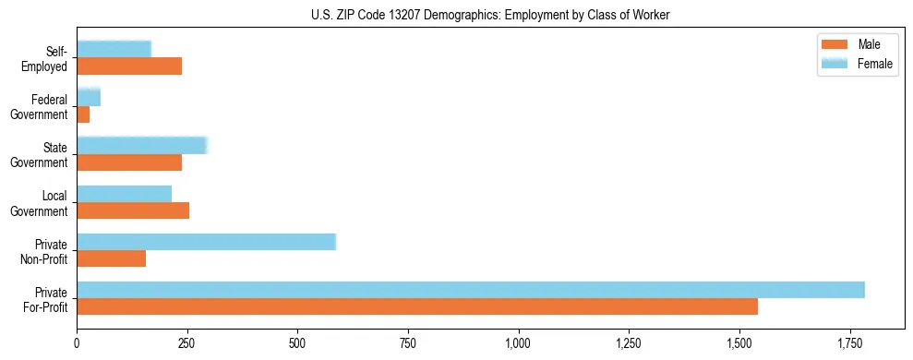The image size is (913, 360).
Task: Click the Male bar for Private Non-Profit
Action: coord(111,258)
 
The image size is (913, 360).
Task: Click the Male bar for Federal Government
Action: coord(83,114)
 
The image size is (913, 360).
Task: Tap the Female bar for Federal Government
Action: coord(89,98)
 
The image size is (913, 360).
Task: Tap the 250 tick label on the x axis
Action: coord(187,343)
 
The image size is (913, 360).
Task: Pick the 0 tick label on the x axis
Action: coord(77,343)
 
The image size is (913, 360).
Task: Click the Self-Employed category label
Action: coord(49,58)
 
